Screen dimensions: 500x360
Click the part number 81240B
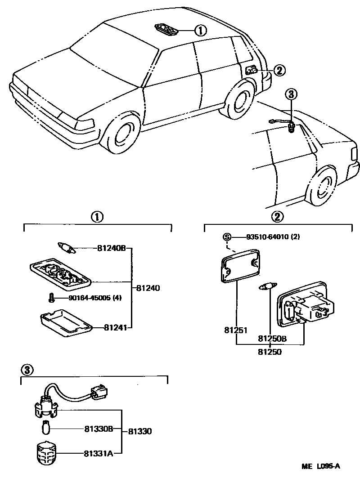coord(112,248)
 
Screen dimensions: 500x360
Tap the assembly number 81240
coord(148,288)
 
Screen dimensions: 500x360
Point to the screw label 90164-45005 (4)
coord(94,298)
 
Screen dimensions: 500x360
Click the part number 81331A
coord(98,453)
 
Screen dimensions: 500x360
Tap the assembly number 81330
coord(140,431)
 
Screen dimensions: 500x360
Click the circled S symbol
coord(227,237)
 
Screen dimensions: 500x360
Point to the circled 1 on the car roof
coord(200,31)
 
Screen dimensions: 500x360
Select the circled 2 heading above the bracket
coord(278,217)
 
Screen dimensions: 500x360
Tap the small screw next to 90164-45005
coord(51,298)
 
